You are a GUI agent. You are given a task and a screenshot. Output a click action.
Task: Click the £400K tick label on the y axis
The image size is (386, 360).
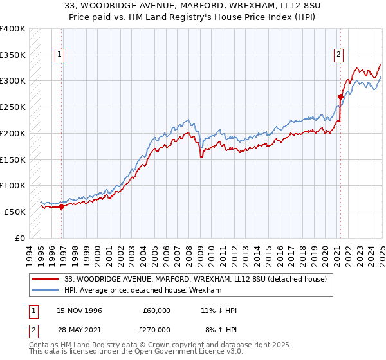13,29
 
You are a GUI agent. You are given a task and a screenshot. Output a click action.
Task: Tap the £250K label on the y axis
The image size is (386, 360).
13,107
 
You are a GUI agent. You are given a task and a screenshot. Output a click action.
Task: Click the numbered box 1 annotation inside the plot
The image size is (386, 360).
59,55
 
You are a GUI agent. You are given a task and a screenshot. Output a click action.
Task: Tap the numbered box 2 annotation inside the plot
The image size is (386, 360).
338,55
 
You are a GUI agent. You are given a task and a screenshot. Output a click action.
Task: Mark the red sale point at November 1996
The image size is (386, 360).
62,207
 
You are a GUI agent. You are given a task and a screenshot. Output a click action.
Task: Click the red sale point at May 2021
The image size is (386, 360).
340,97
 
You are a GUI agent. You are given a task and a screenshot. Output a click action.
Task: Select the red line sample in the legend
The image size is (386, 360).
46,279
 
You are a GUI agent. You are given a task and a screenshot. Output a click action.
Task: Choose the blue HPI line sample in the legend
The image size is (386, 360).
46,291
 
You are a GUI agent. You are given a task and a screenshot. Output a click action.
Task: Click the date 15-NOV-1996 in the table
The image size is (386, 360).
79,310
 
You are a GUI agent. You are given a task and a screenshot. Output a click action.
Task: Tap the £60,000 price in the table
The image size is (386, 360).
155,310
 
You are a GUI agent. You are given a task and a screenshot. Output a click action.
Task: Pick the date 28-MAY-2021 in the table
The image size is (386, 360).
79,330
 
